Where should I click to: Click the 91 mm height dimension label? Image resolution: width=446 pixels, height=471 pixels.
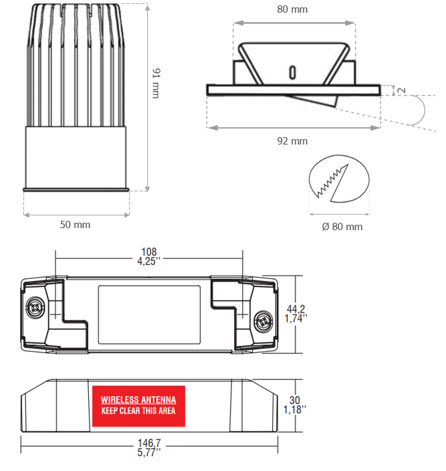156,83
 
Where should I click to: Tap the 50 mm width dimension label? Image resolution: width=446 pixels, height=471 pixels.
75,225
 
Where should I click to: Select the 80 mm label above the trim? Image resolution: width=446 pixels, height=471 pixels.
292,9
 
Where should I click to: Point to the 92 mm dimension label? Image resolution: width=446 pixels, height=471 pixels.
292,141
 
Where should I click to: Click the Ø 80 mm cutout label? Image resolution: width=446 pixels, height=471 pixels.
342,227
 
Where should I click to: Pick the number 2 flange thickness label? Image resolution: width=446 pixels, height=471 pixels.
401,90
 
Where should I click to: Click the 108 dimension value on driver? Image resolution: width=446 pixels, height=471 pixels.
149,252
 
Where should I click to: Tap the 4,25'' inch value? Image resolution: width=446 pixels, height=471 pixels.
149,261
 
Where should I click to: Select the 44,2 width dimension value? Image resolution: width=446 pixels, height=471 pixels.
296,309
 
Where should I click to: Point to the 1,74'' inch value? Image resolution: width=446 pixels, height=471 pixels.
296,318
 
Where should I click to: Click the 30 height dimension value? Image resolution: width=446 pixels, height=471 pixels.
295,400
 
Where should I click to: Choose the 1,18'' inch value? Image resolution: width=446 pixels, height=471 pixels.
295,409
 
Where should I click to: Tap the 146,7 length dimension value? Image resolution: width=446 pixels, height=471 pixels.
149,443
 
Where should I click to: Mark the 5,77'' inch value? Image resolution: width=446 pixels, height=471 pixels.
149,452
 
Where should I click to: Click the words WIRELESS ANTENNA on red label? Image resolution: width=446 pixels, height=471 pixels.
138,399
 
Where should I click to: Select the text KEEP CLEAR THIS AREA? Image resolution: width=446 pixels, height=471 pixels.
138,411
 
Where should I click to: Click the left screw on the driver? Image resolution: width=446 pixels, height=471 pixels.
35,307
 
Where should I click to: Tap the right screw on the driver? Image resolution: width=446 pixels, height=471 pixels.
263,321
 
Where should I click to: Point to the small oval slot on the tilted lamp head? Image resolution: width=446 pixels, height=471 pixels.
292,72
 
